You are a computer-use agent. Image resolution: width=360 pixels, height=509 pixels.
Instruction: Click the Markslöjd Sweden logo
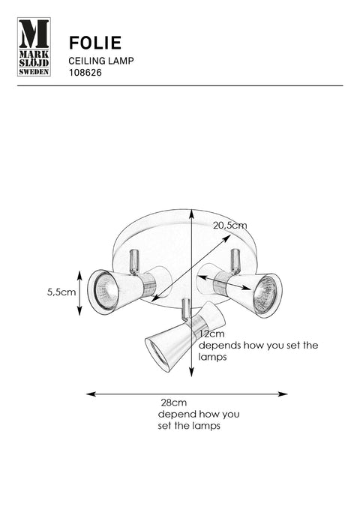(34, 46)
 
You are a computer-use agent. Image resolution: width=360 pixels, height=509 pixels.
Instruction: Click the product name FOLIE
(95, 43)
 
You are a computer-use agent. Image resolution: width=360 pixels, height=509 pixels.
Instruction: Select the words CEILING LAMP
(101, 61)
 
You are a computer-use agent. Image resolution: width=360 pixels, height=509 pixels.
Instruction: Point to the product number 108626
(85, 73)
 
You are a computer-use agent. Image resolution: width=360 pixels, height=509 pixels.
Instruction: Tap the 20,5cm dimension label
(230, 226)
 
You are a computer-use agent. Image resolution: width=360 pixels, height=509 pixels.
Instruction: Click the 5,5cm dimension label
(61, 292)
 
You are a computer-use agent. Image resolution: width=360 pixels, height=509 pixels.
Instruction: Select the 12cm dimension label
(211, 334)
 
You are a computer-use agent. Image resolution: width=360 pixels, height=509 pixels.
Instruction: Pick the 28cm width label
(174, 403)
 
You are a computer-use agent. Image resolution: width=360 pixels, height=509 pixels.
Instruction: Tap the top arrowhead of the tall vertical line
(192, 214)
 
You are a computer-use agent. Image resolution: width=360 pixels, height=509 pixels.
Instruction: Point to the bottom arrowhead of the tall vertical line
(192, 372)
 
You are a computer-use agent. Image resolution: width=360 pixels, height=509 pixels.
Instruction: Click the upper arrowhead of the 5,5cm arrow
(79, 275)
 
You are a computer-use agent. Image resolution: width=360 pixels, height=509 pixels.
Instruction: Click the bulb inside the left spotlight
(106, 292)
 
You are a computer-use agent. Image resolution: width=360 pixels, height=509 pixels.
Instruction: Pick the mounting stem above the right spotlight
(235, 259)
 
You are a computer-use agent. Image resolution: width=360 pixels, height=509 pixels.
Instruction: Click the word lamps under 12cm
(212, 358)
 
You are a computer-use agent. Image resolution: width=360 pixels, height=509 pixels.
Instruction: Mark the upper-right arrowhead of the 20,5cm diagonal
(227, 238)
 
